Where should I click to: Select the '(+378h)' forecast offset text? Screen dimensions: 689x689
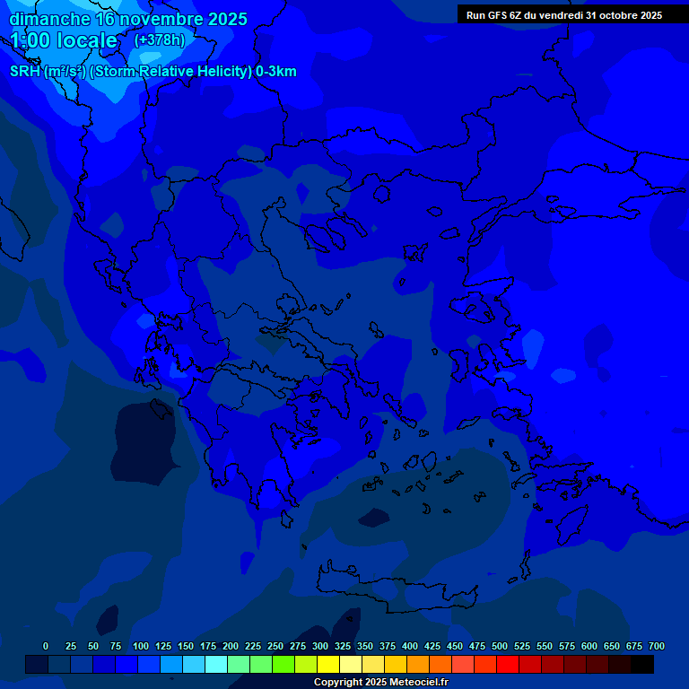[x=160, y=40]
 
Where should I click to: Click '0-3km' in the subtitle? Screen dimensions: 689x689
[x=276, y=72]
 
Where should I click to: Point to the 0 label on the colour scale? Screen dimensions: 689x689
[x=46, y=646]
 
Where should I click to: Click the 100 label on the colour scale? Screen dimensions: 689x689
[x=141, y=646]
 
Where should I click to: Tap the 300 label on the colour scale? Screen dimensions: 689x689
[x=320, y=646]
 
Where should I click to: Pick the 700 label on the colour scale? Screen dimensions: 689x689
[x=657, y=646]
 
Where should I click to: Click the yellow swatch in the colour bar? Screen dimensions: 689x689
[x=328, y=664]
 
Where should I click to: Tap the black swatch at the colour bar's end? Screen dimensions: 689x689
[x=642, y=664]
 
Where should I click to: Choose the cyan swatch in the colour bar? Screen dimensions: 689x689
[x=216, y=664]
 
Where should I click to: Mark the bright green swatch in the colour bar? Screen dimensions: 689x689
[x=283, y=664]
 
